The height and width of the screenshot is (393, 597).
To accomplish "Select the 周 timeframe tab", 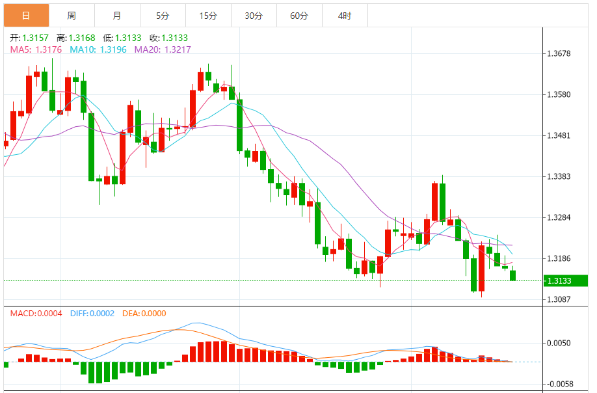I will click(x=72, y=15).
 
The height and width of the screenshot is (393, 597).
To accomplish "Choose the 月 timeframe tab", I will click(x=116, y=15).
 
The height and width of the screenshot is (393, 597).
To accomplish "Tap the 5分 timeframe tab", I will click(x=163, y=15).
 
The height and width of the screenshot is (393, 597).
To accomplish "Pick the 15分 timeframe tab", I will click(x=208, y=15).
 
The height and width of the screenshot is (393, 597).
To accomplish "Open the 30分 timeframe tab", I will click(x=254, y=15).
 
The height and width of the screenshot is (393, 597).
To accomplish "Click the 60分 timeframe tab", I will click(x=299, y=15).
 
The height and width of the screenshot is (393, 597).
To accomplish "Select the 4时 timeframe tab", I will click(x=345, y=15).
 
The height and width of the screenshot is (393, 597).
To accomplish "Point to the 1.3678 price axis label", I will click(x=559, y=53).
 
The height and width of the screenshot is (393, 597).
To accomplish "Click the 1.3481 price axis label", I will click(x=559, y=136).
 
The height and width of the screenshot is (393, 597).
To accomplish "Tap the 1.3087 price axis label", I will click(x=559, y=300).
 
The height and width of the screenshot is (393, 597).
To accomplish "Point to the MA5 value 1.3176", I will click(x=49, y=49).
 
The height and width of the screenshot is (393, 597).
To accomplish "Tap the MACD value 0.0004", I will click(x=48, y=314).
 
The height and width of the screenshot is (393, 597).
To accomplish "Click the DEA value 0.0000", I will click(x=153, y=314).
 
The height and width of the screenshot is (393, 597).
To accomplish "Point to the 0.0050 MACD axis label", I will click(x=559, y=343).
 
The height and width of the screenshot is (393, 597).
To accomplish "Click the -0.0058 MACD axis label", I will click(x=558, y=385).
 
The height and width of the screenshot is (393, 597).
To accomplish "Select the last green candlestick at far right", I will click(x=513, y=275).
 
